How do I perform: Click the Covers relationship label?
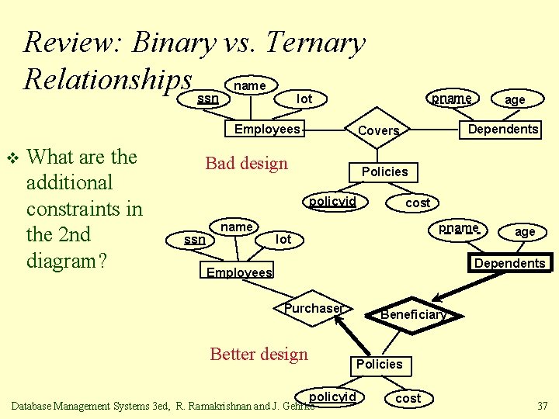[x=378, y=131]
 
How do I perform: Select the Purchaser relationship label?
[x=313, y=309]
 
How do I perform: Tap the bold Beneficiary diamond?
[x=412, y=314]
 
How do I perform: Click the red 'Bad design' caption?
[x=246, y=164]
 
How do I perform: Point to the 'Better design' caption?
[x=259, y=355]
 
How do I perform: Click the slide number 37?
[x=541, y=406]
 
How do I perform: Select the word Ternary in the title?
[x=314, y=43]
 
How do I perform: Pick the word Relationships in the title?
[x=108, y=79]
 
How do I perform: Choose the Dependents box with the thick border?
[x=509, y=263]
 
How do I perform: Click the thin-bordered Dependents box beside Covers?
[x=503, y=130]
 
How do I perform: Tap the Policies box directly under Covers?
[x=384, y=171]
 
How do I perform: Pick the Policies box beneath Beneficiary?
[x=379, y=364]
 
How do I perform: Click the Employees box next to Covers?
[x=266, y=130]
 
